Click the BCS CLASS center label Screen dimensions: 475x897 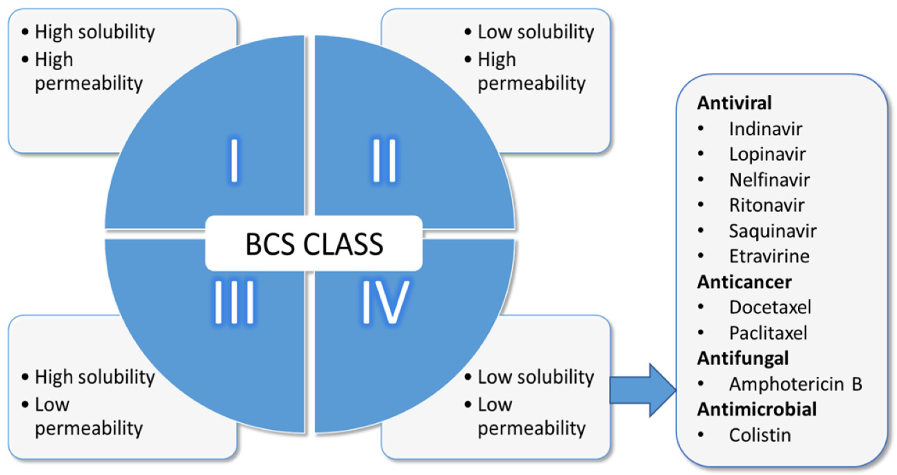tap(314, 244)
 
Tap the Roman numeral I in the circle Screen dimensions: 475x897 tap(234, 160)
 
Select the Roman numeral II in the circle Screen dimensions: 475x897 tap(384, 160)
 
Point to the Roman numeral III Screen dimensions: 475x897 tap(234, 302)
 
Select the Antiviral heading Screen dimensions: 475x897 tap(734, 103)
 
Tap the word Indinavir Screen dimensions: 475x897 tap(765, 129)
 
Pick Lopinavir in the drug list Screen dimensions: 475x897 tap(767, 155)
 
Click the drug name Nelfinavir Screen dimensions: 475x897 tap(769, 180)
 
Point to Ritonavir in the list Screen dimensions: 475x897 tap(767, 206)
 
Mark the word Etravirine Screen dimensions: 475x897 tap(769, 257)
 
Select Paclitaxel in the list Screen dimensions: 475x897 tap(768, 333)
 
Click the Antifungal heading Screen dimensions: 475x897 tap(743, 359)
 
